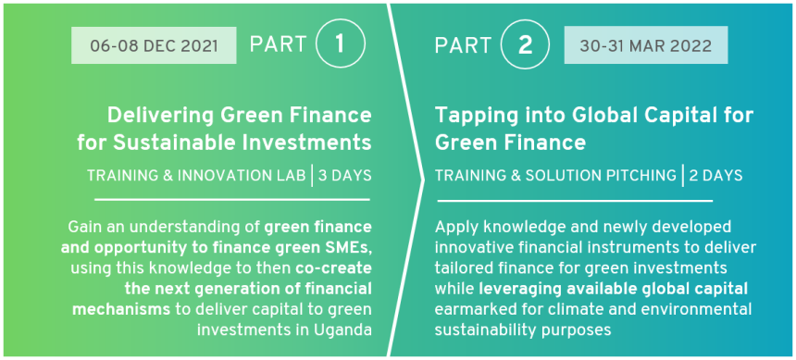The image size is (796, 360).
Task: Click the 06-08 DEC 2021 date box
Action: (x=154, y=45)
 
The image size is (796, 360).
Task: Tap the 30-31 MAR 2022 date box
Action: (x=646, y=45)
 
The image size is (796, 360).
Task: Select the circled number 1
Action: (x=340, y=44)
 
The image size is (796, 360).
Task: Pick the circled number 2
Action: (x=526, y=44)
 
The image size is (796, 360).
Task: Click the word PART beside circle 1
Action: (x=279, y=44)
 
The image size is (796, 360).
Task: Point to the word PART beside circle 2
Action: (x=463, y=45)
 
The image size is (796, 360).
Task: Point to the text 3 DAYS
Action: (x=344, y=176)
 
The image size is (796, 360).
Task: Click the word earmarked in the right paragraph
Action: (x=470, y=309)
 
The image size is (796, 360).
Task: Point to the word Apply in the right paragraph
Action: (x=453, y=228)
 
